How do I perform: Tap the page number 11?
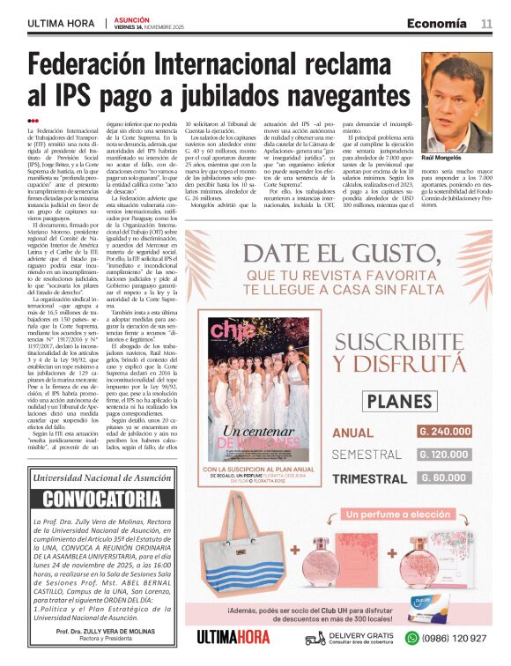click(486, 23)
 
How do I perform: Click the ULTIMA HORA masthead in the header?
click(60, 23)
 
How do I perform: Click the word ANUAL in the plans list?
click(353, 433)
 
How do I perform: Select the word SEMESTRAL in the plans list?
click(365, 455)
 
